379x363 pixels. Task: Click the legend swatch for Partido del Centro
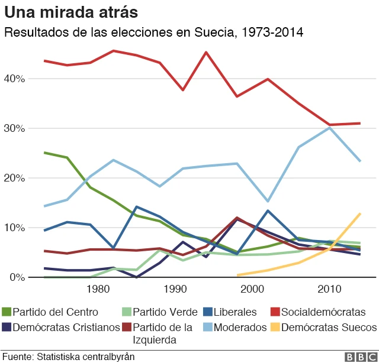[x=7, y=312]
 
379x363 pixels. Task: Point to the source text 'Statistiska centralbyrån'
[x=86, y=356]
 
